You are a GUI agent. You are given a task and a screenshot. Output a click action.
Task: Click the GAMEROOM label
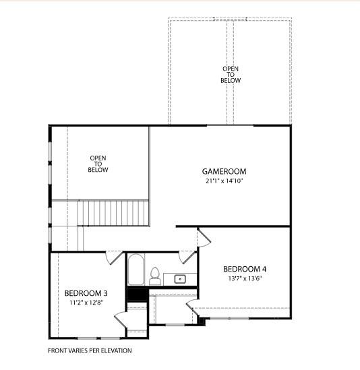click(x=224, y=171)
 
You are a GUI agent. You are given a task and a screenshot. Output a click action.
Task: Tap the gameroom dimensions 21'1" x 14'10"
click(x=224, y=181)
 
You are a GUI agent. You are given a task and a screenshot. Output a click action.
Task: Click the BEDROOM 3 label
click(x=86, y=293)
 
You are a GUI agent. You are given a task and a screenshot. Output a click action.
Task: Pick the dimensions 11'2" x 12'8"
click(x=86, y=303)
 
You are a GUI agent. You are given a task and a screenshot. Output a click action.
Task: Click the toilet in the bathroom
click(x=154, y=276)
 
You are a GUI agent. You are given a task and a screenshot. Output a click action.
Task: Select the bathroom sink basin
click(x=180, y=278)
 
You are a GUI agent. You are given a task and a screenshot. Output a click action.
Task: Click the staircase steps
click(x=113, y=212)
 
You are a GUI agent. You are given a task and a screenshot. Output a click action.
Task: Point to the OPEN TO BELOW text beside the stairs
click(x=98, y=164)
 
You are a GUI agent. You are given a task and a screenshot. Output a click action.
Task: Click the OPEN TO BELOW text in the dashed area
click(x=230, y=74)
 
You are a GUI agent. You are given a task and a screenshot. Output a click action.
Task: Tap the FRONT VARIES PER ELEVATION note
click(x=90, y=350)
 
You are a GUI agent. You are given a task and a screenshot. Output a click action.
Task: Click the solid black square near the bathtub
click(x=137, y=294)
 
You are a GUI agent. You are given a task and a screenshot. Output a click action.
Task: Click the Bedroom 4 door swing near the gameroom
click(x=204, y=238)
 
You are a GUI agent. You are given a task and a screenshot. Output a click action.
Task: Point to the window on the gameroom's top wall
click(x=230, y=125)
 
